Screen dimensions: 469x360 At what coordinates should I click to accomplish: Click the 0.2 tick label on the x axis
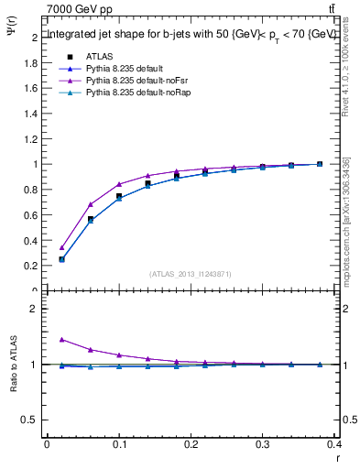[191, 446]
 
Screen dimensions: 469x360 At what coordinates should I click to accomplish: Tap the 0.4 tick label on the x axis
[334, 446]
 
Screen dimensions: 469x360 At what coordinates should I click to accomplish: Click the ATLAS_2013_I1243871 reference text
[190, 274]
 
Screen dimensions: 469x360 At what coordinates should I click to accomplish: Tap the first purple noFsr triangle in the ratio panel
[61, 339]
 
